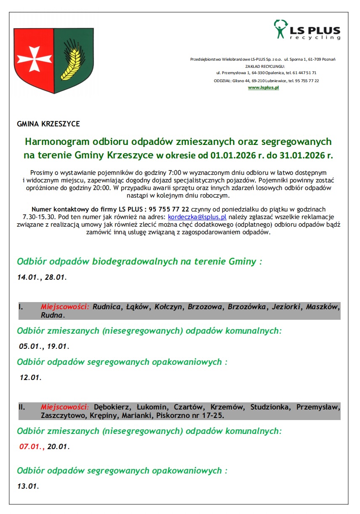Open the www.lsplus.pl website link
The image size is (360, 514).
point(264,88)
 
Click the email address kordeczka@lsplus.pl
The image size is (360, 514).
point(197,217)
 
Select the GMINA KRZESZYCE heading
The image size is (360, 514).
point(48,124)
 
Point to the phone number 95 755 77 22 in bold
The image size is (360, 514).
point(169,209)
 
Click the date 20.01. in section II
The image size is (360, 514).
point(58,447)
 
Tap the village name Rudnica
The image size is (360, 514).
point(107,307)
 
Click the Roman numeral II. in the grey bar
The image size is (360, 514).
point(21,407)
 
